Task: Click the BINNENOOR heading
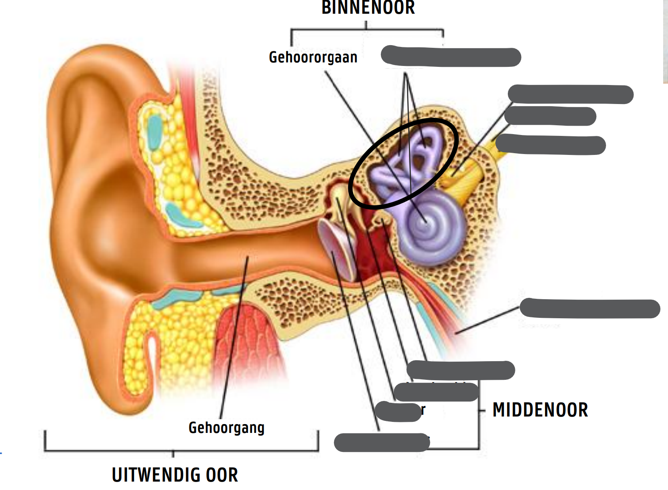[x=368, y=8]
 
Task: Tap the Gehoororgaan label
[x=313, y=58]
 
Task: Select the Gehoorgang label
[x=226, y=428]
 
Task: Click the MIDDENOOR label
[x=540, y=410]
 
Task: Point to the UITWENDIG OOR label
[x=175, y=475]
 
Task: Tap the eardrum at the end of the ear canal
[x=336, y=248]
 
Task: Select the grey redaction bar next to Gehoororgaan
[x=450, y=57]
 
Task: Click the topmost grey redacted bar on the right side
[x=570, y=94]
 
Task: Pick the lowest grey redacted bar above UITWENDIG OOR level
[x=381, y=442]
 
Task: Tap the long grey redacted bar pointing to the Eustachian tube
[x=589, y=309]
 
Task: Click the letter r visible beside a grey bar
[x=423, y=410]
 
